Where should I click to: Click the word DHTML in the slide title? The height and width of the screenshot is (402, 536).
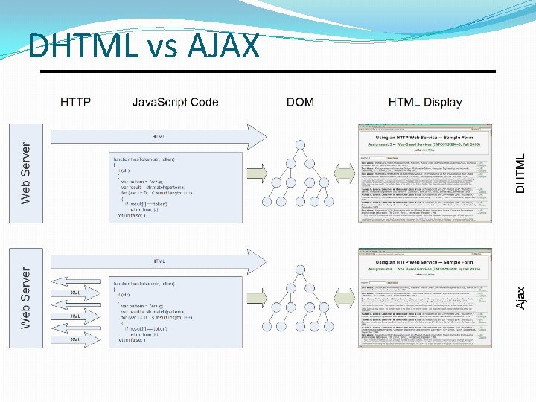pyautogui.click(x=82, y=46)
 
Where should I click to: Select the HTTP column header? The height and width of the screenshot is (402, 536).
pyautogui.click(x=75, y=102)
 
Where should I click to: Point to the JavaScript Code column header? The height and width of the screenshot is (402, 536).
pyautogui.click(x=175, y=102)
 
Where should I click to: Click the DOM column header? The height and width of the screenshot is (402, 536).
pyautogui.click(x=300, y=102)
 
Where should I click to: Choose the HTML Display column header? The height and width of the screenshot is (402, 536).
pyautogui.click(x=424, y=102)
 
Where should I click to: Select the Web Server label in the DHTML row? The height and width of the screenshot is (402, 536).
pyautogui.click(x=26, y=173)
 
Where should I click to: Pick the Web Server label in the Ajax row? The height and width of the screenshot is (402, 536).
pyautogui.click(x=26, y=298)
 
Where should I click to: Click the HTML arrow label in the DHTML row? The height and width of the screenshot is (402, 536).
pyautogui.click(x=159, y=137)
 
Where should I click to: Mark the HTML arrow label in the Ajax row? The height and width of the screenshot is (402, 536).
pyautogui.click(x=159, y=261)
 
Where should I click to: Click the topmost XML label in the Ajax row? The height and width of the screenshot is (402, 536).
pyautogui.click(x=76, y=293)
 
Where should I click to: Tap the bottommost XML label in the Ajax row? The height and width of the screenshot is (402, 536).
pyautogui.click(x=76, y=339)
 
